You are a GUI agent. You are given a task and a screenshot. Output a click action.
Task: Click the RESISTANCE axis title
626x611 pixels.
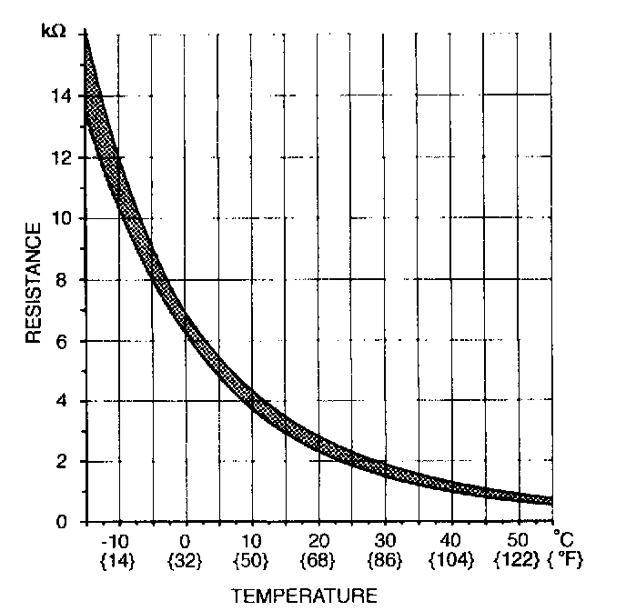pos(34,284)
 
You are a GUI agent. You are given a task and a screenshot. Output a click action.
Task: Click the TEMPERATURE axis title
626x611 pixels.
pos(304,596)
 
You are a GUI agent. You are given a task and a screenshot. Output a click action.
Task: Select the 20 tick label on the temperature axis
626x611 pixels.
pos(318,539)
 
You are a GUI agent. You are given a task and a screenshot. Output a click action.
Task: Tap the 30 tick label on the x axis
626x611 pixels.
pos(385,539)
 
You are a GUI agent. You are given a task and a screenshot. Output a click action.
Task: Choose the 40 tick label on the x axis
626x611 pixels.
pos(452,539)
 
